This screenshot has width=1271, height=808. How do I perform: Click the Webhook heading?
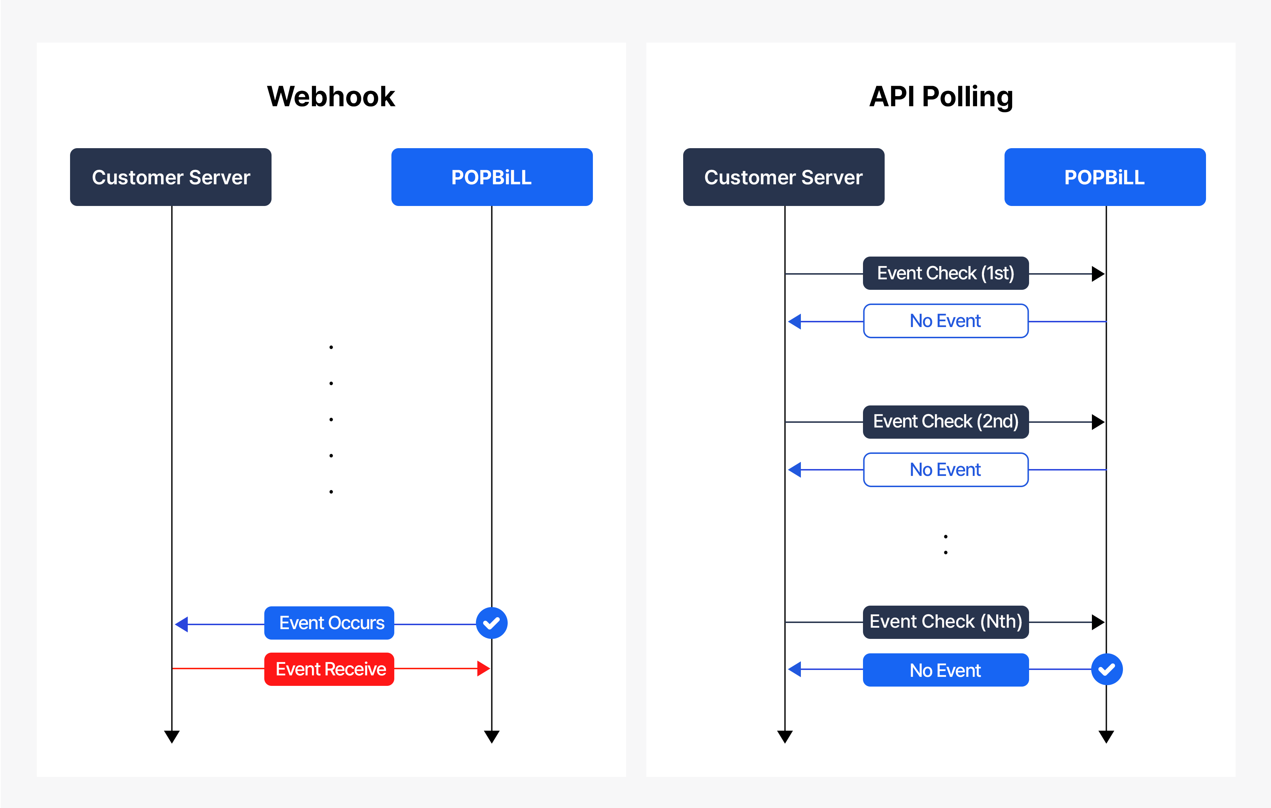tap(331, 96)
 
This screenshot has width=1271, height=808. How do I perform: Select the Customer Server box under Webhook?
tap(170, 177)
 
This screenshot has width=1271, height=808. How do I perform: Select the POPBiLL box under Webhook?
tap(492, 177)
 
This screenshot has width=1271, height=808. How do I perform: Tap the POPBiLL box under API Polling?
tap(1105, 177)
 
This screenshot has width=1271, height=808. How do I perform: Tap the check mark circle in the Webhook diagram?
tap(492, 623)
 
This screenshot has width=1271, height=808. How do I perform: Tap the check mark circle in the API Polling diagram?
tap(1107, 670)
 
